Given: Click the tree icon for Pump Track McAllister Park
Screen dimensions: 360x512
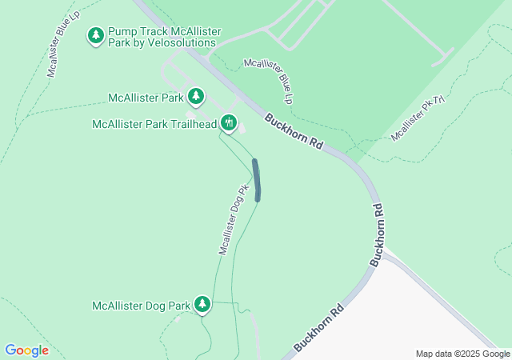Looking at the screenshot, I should (x=96, y=35).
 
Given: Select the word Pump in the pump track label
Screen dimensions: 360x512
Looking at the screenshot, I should (x=123, y=31).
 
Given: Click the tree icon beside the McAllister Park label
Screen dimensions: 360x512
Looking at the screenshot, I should (x=196, y=97).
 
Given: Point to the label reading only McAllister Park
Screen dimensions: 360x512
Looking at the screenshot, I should (x=146, y=98).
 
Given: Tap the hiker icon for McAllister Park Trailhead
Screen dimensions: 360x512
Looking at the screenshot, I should (x=230, y=123).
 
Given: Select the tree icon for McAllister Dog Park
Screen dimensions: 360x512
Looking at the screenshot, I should (x=203, y=304).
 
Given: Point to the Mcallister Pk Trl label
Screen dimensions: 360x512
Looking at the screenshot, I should (x=418, y=120).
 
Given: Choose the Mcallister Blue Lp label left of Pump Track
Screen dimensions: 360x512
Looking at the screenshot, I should (x=62, y=44).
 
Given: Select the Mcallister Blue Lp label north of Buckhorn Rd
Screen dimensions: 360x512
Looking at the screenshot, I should (x=269, y=81).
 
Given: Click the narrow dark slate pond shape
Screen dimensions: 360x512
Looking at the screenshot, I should (x=257, y=180).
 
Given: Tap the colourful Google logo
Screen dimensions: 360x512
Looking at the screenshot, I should (x=26, y=350).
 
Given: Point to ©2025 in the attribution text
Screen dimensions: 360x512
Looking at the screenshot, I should (x=469, y=354).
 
